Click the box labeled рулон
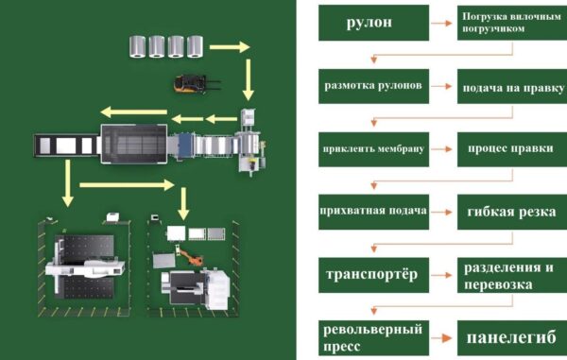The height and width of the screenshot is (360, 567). point(373,23)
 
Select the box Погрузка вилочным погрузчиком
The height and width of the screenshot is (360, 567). point(512,23)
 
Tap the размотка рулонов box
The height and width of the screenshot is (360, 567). point(373,86)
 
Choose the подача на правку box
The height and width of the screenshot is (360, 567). point(512,86)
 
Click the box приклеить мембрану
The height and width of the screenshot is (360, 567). point(373,149)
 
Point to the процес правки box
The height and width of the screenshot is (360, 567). point(512,149)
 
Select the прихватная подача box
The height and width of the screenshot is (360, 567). point(373,212)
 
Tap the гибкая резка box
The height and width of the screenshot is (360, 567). point(512,212)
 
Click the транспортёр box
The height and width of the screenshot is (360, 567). point(373,275)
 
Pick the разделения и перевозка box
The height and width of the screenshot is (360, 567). point(512,275)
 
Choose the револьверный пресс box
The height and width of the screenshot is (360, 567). point(373,338)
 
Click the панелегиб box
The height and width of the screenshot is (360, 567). point(512,338)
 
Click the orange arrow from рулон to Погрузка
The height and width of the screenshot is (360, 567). point(441,23)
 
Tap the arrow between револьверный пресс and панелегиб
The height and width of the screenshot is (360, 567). point(441,338)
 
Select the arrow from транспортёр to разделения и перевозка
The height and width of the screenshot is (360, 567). point(441,275)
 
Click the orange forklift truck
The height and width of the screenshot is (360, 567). point(197,84)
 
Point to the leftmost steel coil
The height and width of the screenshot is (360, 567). point(138,46)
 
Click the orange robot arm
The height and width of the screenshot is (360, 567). point(191,256)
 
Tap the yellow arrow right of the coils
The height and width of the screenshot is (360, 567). point(230,47)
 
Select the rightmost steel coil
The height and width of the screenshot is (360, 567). point(196,46)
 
